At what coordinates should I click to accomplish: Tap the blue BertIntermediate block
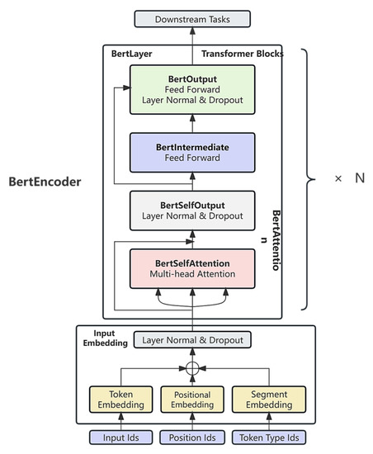point(192,154)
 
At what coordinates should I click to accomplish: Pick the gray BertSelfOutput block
point(192,210)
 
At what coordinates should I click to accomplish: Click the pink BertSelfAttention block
point(192,267)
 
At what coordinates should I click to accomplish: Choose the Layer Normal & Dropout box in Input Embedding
point(192,339)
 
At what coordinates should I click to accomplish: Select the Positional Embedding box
point(192,400)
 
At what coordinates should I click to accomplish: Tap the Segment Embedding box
point(264,400)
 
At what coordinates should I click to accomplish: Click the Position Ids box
point(192,437)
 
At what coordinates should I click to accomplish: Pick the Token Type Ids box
point(264,437)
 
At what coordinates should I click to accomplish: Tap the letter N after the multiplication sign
point(359,177)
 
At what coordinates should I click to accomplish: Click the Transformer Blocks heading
point(242,54)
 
